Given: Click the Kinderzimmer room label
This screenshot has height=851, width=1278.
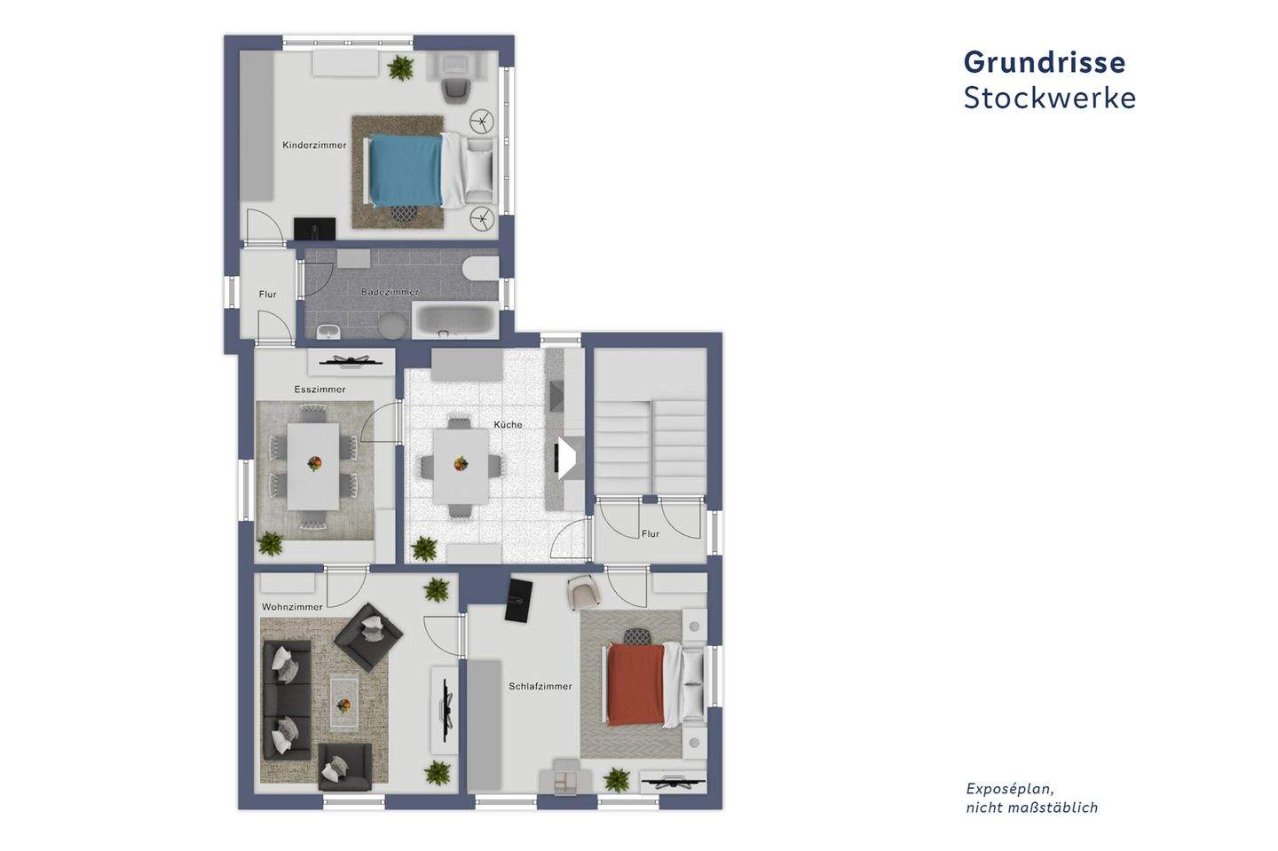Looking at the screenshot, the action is (x=314, y=146).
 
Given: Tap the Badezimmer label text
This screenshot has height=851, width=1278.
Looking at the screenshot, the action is (x=390, y=292).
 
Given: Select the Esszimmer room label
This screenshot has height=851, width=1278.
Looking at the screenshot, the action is (x=320, y=390).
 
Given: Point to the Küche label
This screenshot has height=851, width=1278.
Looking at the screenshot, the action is (x=508, y=424).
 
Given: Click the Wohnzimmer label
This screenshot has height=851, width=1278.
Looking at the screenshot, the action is (x=292, y=607).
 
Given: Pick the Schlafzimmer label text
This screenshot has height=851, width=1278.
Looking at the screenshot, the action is (x=540, y=686).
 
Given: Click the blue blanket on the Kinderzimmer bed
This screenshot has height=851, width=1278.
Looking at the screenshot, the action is (x=406, y=170).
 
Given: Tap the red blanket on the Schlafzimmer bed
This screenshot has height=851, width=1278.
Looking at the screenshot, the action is (x=635, y=684).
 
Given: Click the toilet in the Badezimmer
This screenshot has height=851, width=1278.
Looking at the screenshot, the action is (x=481, y=269).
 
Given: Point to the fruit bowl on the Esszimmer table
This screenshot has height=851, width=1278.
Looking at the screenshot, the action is (x=314, y=462).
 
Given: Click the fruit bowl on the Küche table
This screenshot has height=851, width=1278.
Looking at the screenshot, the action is (x=461, y=464).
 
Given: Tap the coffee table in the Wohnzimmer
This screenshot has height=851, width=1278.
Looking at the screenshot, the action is (x=344, y=705).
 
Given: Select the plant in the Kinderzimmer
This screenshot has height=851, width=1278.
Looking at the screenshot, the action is (x=400, y=67).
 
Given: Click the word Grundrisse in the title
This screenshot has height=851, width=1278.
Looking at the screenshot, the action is (x=1044, y=62).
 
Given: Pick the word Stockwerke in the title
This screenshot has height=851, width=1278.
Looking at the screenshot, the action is (x=1050, y=98).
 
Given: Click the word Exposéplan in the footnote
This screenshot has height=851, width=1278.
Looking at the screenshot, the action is (x=1009, y=790).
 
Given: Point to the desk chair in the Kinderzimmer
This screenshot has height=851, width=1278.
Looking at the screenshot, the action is (x=457, y=89).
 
